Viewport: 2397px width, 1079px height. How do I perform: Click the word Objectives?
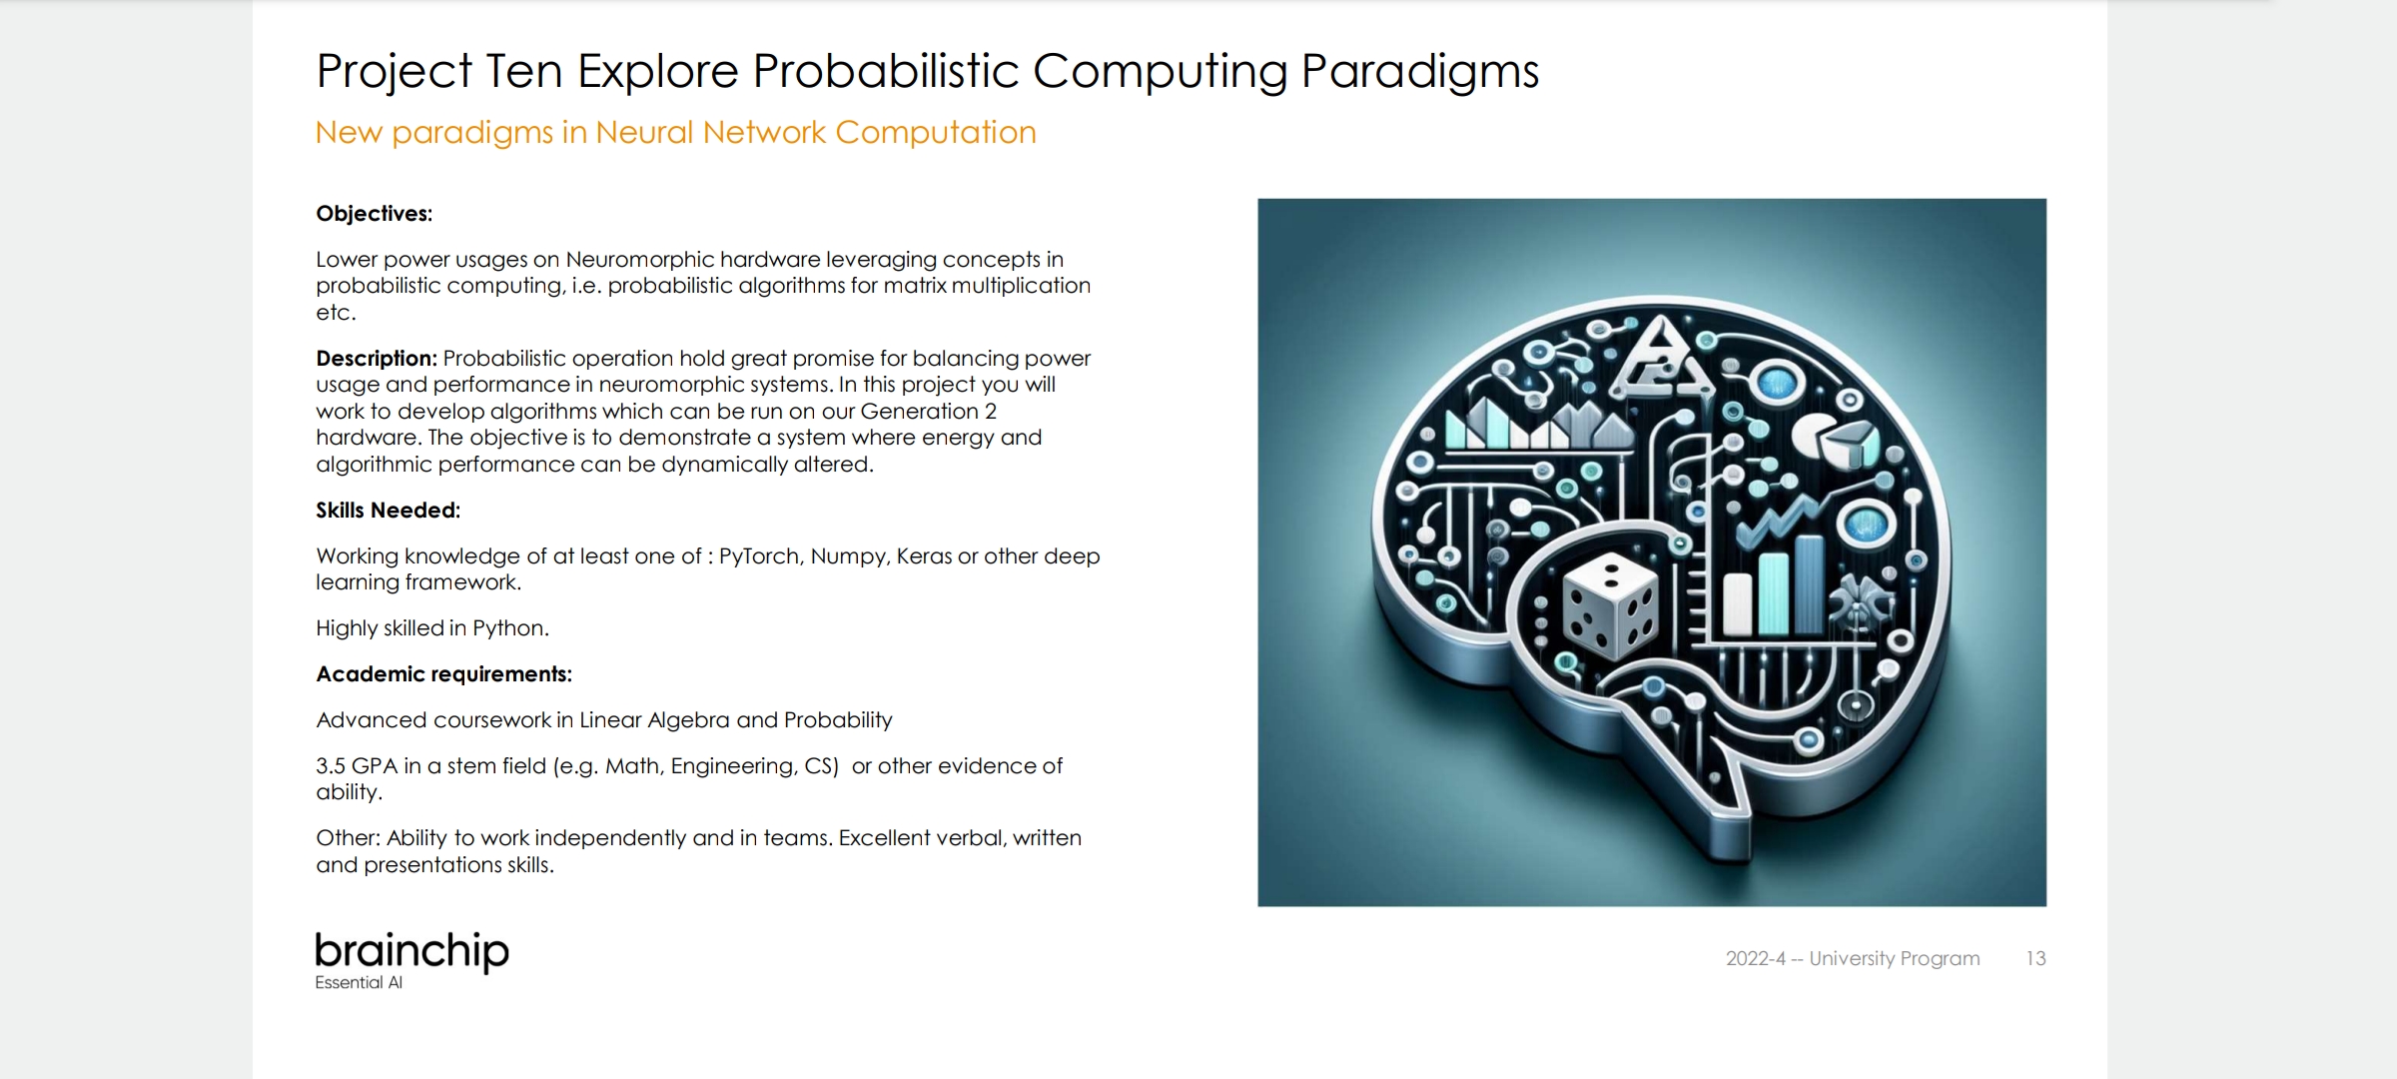click(374, 214)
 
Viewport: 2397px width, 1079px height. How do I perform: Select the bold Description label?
click(377, 358)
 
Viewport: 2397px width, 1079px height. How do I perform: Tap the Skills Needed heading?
click(388, 510)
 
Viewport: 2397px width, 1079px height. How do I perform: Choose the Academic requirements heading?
click(443, 674)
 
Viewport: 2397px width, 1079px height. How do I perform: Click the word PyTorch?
click(760, 556)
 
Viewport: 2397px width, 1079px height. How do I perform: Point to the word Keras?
click(924, 555)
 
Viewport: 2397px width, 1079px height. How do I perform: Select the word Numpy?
click(849, 556)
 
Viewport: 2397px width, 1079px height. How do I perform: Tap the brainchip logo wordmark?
click(411, 952)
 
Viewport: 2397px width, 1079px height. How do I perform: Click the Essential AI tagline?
click(359, 982)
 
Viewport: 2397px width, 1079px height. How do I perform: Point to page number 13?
click(2035, 958)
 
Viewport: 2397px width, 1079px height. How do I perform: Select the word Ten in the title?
click(523, 71)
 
